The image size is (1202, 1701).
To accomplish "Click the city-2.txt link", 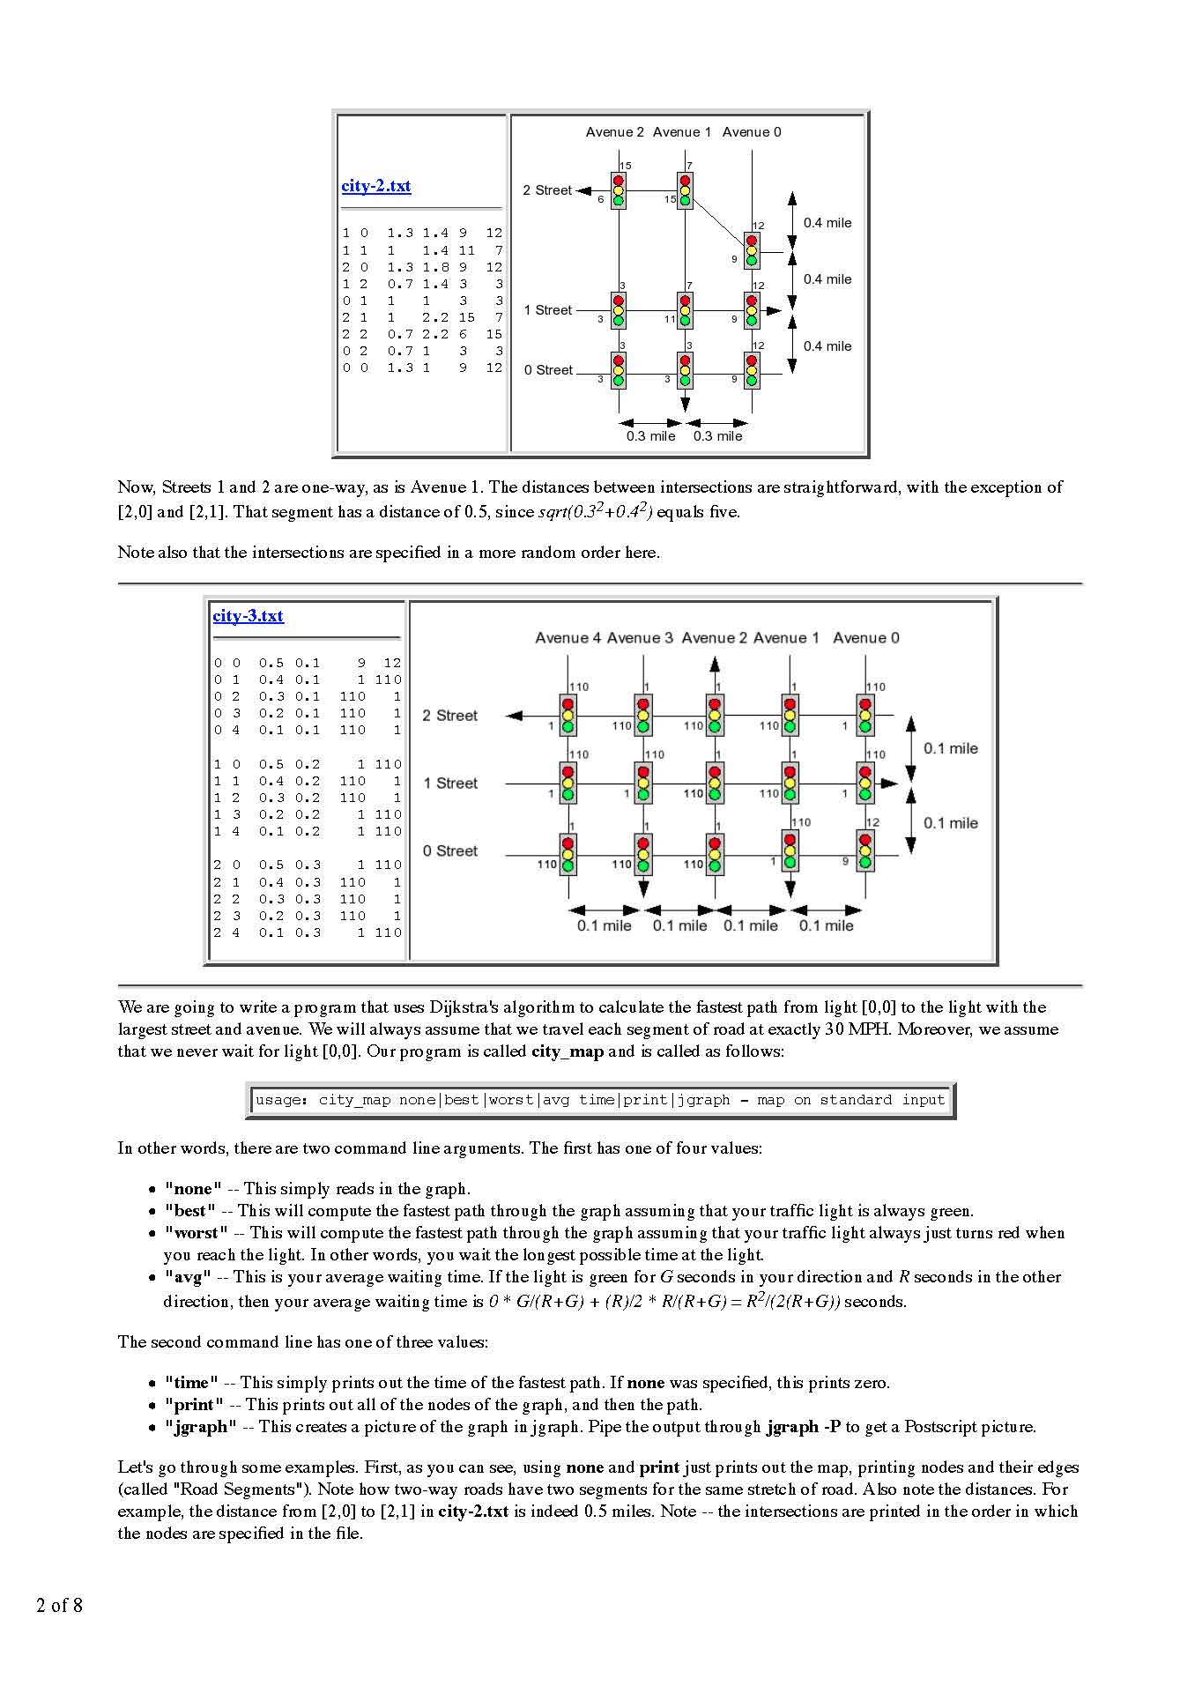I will tap(375, 186).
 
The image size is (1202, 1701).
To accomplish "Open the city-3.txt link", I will tap(248, 616).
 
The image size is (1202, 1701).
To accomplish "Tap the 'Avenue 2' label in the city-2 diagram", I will tap(614, 132).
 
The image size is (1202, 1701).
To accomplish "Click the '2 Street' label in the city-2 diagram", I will tap(546, 190).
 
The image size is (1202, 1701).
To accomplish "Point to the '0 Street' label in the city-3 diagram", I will tap(449, 851).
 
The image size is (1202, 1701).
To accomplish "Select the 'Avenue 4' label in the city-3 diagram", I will tap(568, 638).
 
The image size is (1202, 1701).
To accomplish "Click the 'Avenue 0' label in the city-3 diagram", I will tap(865, 638).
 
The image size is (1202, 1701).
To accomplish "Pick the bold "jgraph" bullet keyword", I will tap(201, 1427).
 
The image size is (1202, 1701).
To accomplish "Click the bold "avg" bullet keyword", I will tap(188, 1277).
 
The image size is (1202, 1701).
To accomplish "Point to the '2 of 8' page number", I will tap(59, 1605).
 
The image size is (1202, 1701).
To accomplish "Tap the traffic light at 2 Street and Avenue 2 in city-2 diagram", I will tap(618, 190).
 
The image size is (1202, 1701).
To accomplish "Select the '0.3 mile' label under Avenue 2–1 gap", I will tap(650, 436).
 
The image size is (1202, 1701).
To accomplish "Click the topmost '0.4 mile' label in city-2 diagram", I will tap(827, 223).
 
